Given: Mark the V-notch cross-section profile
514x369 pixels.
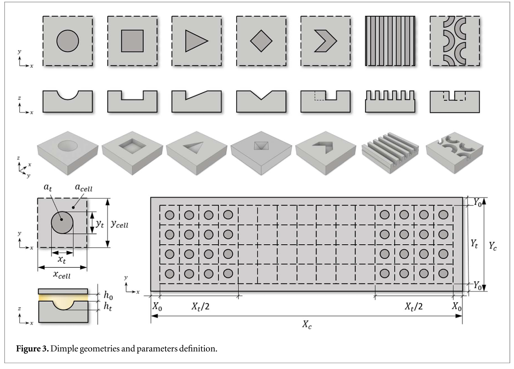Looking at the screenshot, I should [x=261, y=100].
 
